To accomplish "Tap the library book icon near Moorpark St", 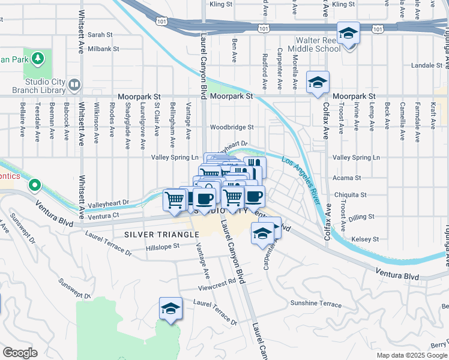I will (x=74, y=85).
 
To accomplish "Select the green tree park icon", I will (x=38, y=58).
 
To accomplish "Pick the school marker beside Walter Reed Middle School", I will (x=348, y=34).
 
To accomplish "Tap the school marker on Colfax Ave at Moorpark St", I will (x=318, y=83).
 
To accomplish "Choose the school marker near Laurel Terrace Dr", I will (x=170, y=309).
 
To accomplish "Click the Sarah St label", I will (x=100, y=35).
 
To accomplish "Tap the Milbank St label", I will (x=103, y=48).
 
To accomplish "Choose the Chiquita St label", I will (x=350, y=195).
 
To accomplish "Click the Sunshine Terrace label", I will (x=315, y=303).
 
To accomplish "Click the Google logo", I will (x=19, y=353).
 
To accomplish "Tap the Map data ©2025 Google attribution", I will (x=412, y=355).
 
